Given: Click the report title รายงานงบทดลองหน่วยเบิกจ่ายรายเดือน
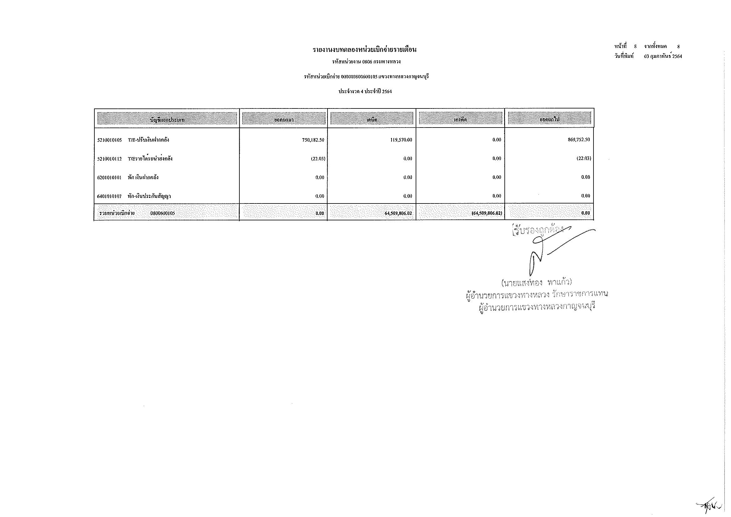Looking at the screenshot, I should [x=364, y=50].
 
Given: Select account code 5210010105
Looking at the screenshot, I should [x=109, y=140].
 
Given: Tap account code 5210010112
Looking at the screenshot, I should [x=109, y=158].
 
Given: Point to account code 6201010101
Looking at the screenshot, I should [x=109, y=177].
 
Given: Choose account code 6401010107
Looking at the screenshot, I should [x=109, y=196].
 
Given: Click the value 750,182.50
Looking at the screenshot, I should [x=313, y=140].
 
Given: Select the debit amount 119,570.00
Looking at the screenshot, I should [x=401, y=140].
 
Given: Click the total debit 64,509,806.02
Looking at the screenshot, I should [x=398, y=213].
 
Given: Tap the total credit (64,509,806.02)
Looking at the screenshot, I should [x=487, y=213].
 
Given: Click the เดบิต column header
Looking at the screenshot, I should [x=372, y=120].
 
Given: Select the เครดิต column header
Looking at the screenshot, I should [x=460, y=120].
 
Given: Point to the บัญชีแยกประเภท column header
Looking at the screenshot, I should [x=167, y=120].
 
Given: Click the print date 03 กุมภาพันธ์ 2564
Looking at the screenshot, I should [x=663, y=56].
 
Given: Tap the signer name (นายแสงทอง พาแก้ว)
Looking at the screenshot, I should [x=537, y=282].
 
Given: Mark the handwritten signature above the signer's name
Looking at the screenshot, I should [x=548, y=252].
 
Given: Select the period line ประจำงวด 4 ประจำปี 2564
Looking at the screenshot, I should [x=365, y=92].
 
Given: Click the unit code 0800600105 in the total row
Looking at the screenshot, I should [x=163, y=213].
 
